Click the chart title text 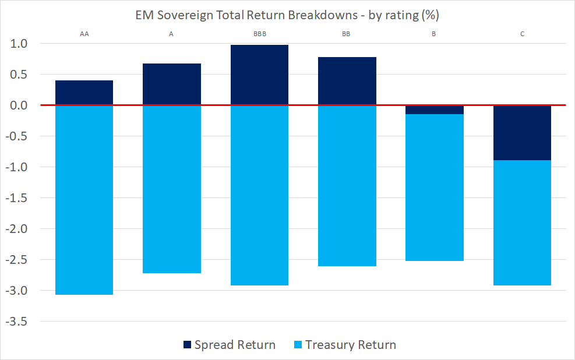(287, 15)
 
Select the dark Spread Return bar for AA (84, 93)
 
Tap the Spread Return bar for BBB (259, 75)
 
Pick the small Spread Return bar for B (434, 110)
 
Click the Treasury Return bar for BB (347, 186)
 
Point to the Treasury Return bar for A (171, 189)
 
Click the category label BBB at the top (259, 34)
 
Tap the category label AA (84, 34)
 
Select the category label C (522, 34)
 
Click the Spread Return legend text (235, 345)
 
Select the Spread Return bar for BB (347, 81)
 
